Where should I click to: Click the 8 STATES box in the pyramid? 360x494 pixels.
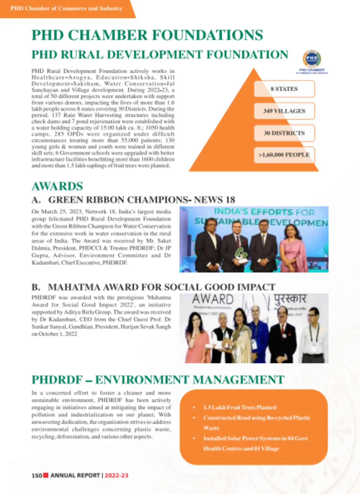click(x=284, y=89)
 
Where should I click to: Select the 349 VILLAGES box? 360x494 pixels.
click(x=284, y=111)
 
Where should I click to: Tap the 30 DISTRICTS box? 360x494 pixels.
click(x=284, y=133)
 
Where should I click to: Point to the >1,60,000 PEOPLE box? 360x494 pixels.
click(x=284, y=155)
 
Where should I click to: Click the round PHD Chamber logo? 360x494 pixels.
click(x=312, y=59)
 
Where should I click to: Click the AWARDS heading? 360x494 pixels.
click(x=57, y=186)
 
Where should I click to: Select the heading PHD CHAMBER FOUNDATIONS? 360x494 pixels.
click(x=147, y=35)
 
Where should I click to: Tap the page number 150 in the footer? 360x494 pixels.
click(x=37, y=475)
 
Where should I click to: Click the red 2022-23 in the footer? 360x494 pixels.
click(x=116, y=475)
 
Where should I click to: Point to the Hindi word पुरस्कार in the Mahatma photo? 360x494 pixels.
click(x=290, y=299)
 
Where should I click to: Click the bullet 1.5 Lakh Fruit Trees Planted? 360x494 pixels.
click(x=240, y=407)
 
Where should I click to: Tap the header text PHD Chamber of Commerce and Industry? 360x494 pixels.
click(x=66, y=8)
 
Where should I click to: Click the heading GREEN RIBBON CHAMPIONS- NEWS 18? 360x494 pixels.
click(x=141, y=200)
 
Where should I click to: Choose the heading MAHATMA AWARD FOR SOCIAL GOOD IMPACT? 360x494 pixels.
click(x=161, y=287)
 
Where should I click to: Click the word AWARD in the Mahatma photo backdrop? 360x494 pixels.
click(x=213, y=299)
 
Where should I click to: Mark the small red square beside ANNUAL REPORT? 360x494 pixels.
click(x=46, y=475)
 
